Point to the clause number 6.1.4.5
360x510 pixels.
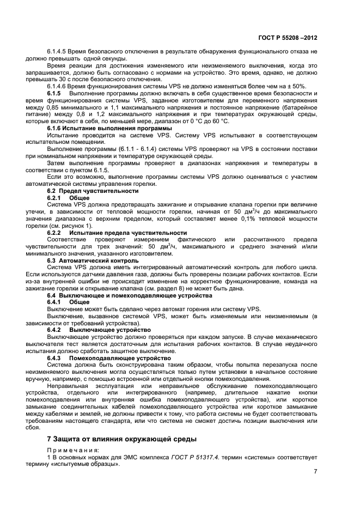[60, 51]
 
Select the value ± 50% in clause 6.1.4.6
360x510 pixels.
[296, 87]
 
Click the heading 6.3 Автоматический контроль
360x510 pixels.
[89, 260]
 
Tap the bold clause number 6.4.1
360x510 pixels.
[57, 302]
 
